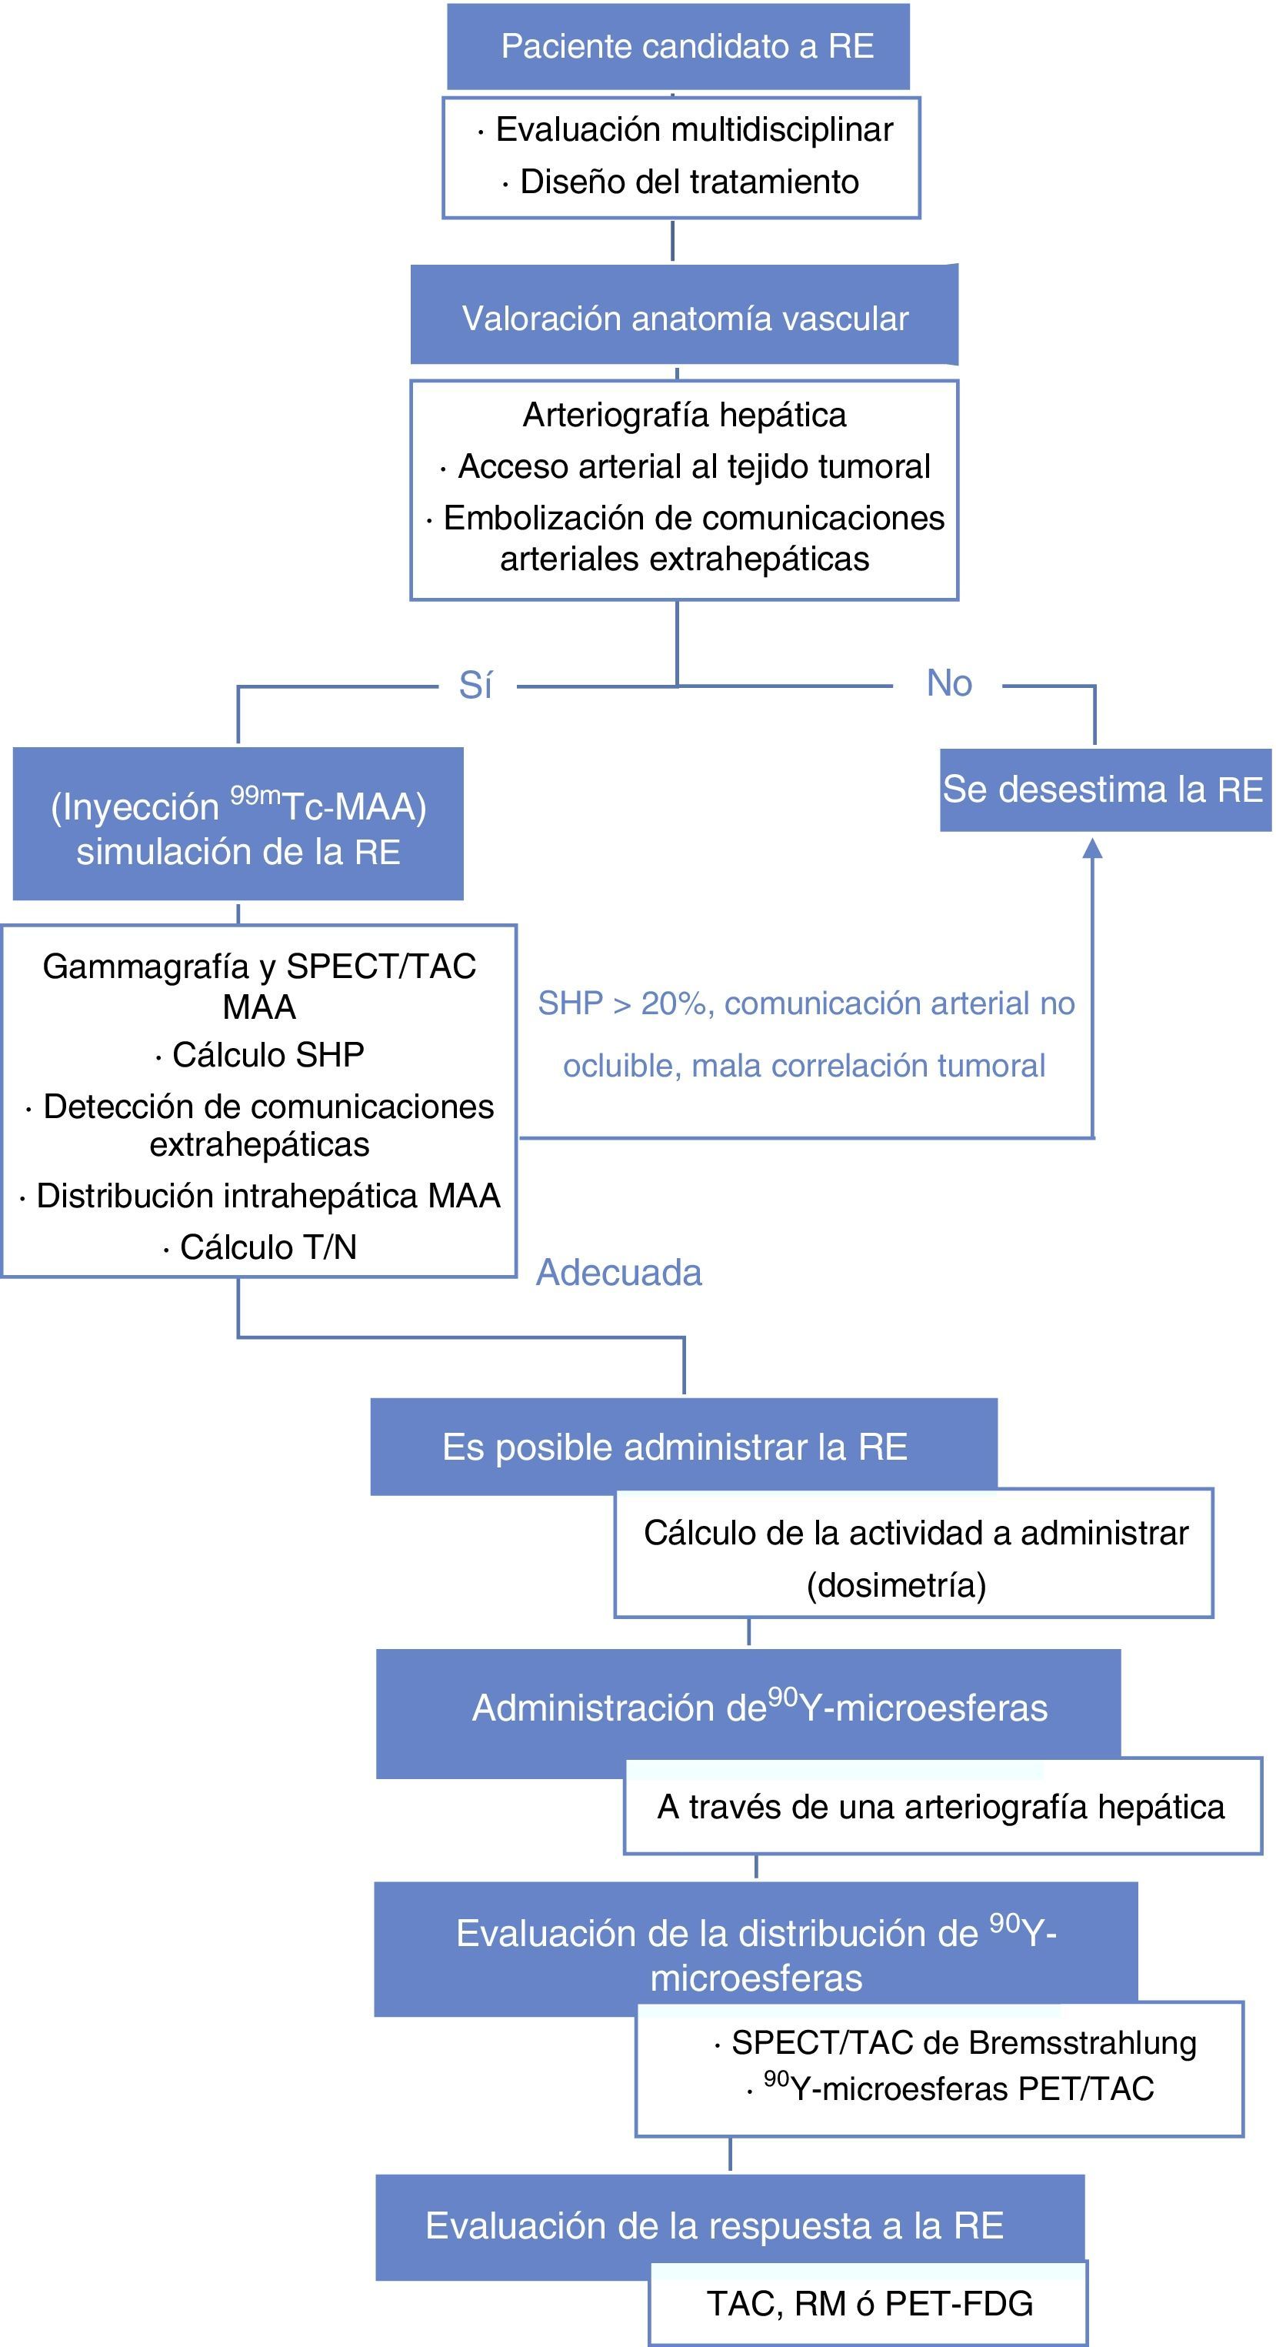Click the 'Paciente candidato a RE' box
[678, 45]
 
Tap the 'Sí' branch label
[475, 685]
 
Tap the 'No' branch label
[948, 683]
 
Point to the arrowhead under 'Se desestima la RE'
[1092, 849]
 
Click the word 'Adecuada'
[618, 1273]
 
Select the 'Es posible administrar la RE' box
[675, 1447]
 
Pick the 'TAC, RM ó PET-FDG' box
[869, 2303]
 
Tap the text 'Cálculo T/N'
[268, 1247]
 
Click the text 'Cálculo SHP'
[268, 1054]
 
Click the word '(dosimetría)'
[896, 1585]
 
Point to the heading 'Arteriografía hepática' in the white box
[684, 415]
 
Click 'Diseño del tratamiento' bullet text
[688, 182]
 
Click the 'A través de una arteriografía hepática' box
[941, 1807]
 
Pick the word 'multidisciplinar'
[781, 129]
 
